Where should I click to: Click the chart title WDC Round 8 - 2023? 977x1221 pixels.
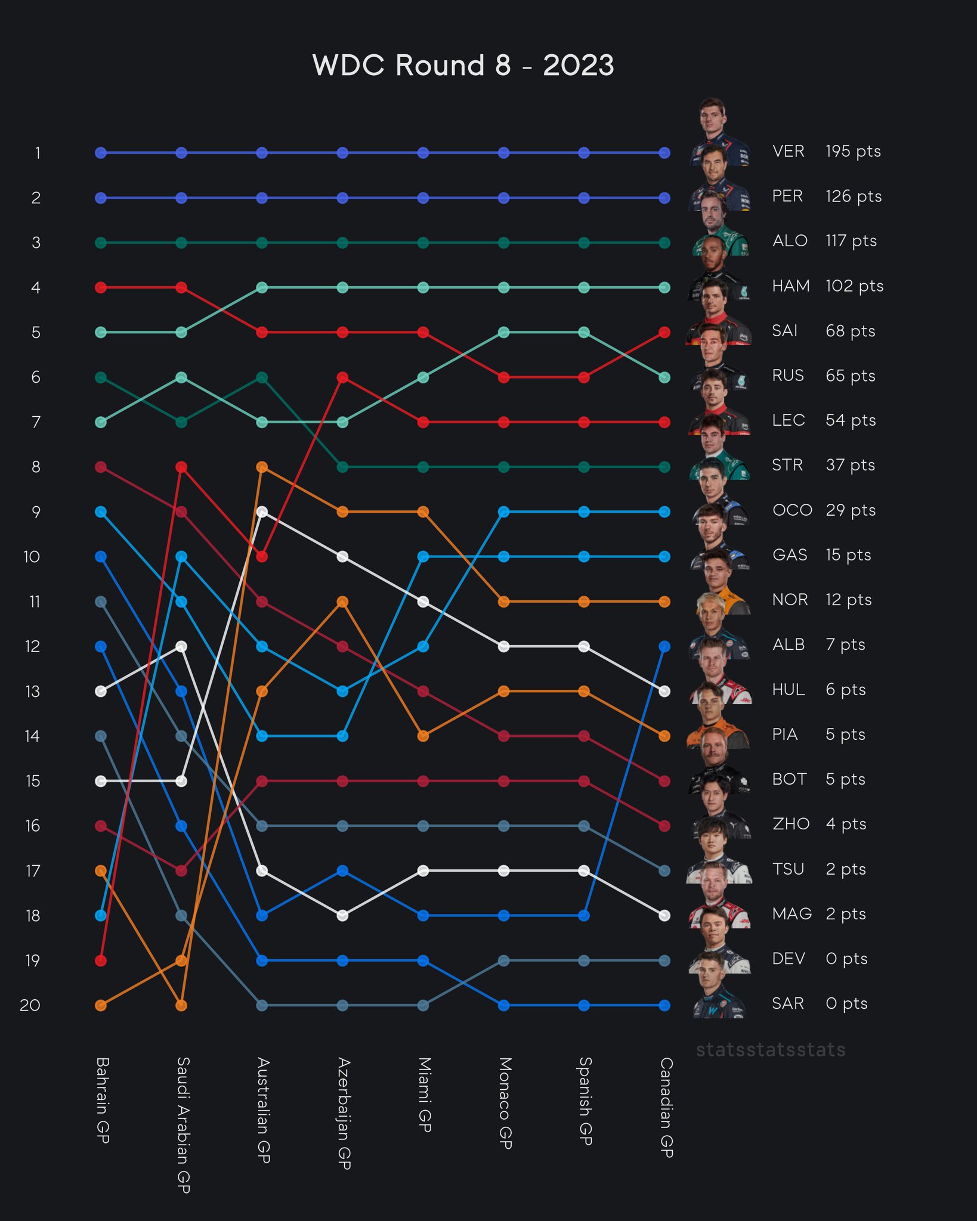pyautogui.click(x=463, y=65)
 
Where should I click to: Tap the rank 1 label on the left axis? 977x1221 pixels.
pyautogui.click(x=37, y=153)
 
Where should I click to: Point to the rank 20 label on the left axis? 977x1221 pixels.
pyautogui.click(x=30, y=1006)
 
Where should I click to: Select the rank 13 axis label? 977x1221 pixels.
pyautogui.click(x=32, y=692)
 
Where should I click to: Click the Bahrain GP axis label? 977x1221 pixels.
pyautogui.click(x=102, y=1101)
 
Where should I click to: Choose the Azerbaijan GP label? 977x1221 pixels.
pyautogui.click(x=344, y=1113)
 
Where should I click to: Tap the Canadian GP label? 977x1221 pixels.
pyautogui.click(x=666, y=1107)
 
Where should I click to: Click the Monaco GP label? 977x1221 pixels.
pyautogui.click(x=505, y=1103)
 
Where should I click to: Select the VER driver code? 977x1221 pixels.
pyautogui.click(x=788, y=151)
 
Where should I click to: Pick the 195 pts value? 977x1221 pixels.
pyautogui.click(x=853, y=151)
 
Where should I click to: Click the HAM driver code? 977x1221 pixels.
pyautogui.click(x=790, y=286)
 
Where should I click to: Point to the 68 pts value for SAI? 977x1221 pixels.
pyautogui.click(x=850, y=331)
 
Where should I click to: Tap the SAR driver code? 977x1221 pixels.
pyautogui.click(x=787, y=1004)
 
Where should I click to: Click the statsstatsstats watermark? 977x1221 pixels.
pyautogui.click(x=771, y=1050)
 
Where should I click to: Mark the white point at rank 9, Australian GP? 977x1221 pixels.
pyautogui.click(x=262, y=512)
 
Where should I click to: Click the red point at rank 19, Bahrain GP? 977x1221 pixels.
pyautogui.click(x=101, y=960)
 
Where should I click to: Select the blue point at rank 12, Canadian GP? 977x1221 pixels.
pyautogui.click(x=664, y=646)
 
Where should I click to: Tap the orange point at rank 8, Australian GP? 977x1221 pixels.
pyautogui.click(x=262, y=467)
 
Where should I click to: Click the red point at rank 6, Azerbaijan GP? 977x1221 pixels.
pyautogui.click(x=342, y=377)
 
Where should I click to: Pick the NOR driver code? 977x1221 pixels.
pyautogui.click(x=790, y=600)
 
